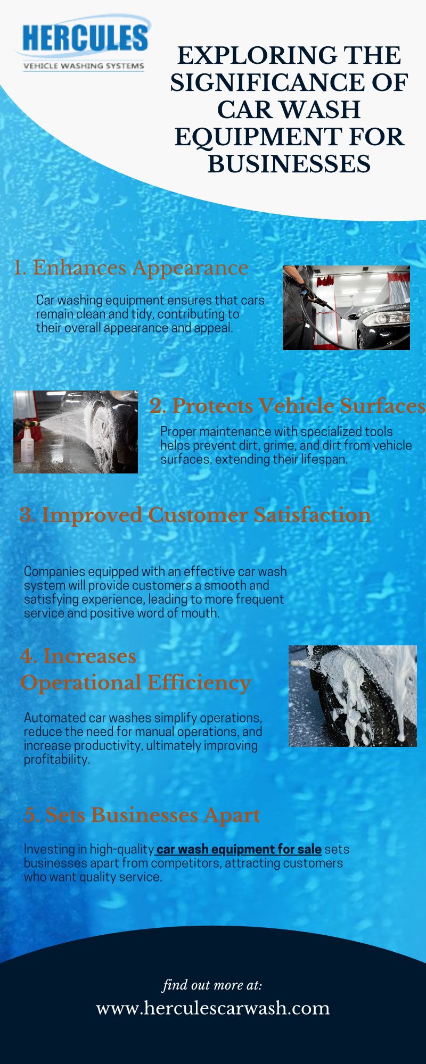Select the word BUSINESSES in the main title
click(x=289, y=163)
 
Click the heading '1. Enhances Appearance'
click(x=130, y=268)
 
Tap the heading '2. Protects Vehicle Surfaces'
click(x=287, y=406)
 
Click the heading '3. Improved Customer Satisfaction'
click(x=195, y=515)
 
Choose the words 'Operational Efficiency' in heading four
click(x=135, y=683)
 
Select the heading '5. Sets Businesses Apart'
click(x=142, y=815)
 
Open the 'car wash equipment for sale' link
click(x=239, y=849)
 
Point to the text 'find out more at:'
click(x=212, y=985)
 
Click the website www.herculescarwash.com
click(x=213, y=1008)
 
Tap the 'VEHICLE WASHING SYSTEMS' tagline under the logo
click(x=84, y=66)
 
